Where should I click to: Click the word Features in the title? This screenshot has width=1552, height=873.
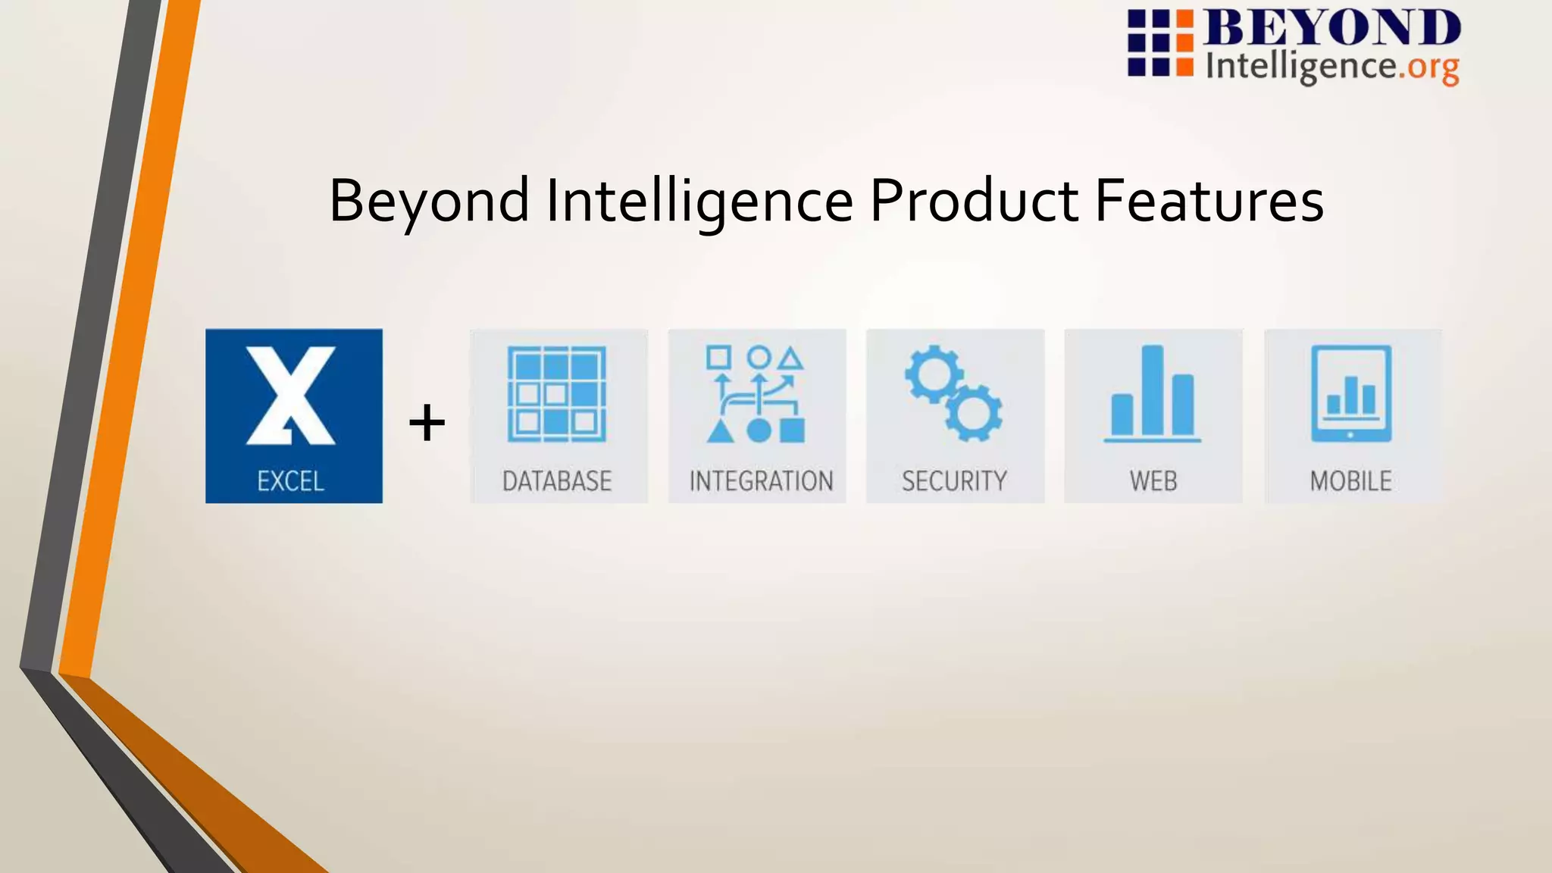pyautogui.click(x=1209, y=201)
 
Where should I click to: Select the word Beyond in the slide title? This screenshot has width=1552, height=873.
pyautogui.click(x=429, y=201)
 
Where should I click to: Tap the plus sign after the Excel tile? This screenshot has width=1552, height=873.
pyautogui.click(x=427, y=423)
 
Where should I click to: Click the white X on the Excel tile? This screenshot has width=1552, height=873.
pyautogui.click(x=291, y=395)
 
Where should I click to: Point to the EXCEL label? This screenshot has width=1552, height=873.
pyautogui.click(x=291, y=481)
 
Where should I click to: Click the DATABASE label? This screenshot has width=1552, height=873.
pyautogui.click(x=557, y=481)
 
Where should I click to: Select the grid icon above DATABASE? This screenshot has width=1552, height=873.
pyautogui.click(x=557, y=394)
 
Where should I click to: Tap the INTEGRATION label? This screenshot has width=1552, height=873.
pyautogui.click(x=761, y=481)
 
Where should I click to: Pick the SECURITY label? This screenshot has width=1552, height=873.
pyautogui.click(x=954, y=481)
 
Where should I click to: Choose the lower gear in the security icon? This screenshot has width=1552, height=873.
pyautogui.click(x=974, y=413)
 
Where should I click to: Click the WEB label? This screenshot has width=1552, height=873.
pyautogui.click(x=1153, y=481)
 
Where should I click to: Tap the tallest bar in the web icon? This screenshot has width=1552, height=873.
pyautogui.click(x=1153, y=390)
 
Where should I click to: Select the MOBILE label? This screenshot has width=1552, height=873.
pyautogui.click(x=1351, y=481)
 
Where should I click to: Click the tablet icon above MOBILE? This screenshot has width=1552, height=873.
pyautogui.click(x=1351, y=393)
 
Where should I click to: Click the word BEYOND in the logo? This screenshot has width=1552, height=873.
pyautogui.click(x=1332, y=29)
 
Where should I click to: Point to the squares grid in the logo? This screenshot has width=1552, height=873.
pyautogui.click(x=1160, y=43)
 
